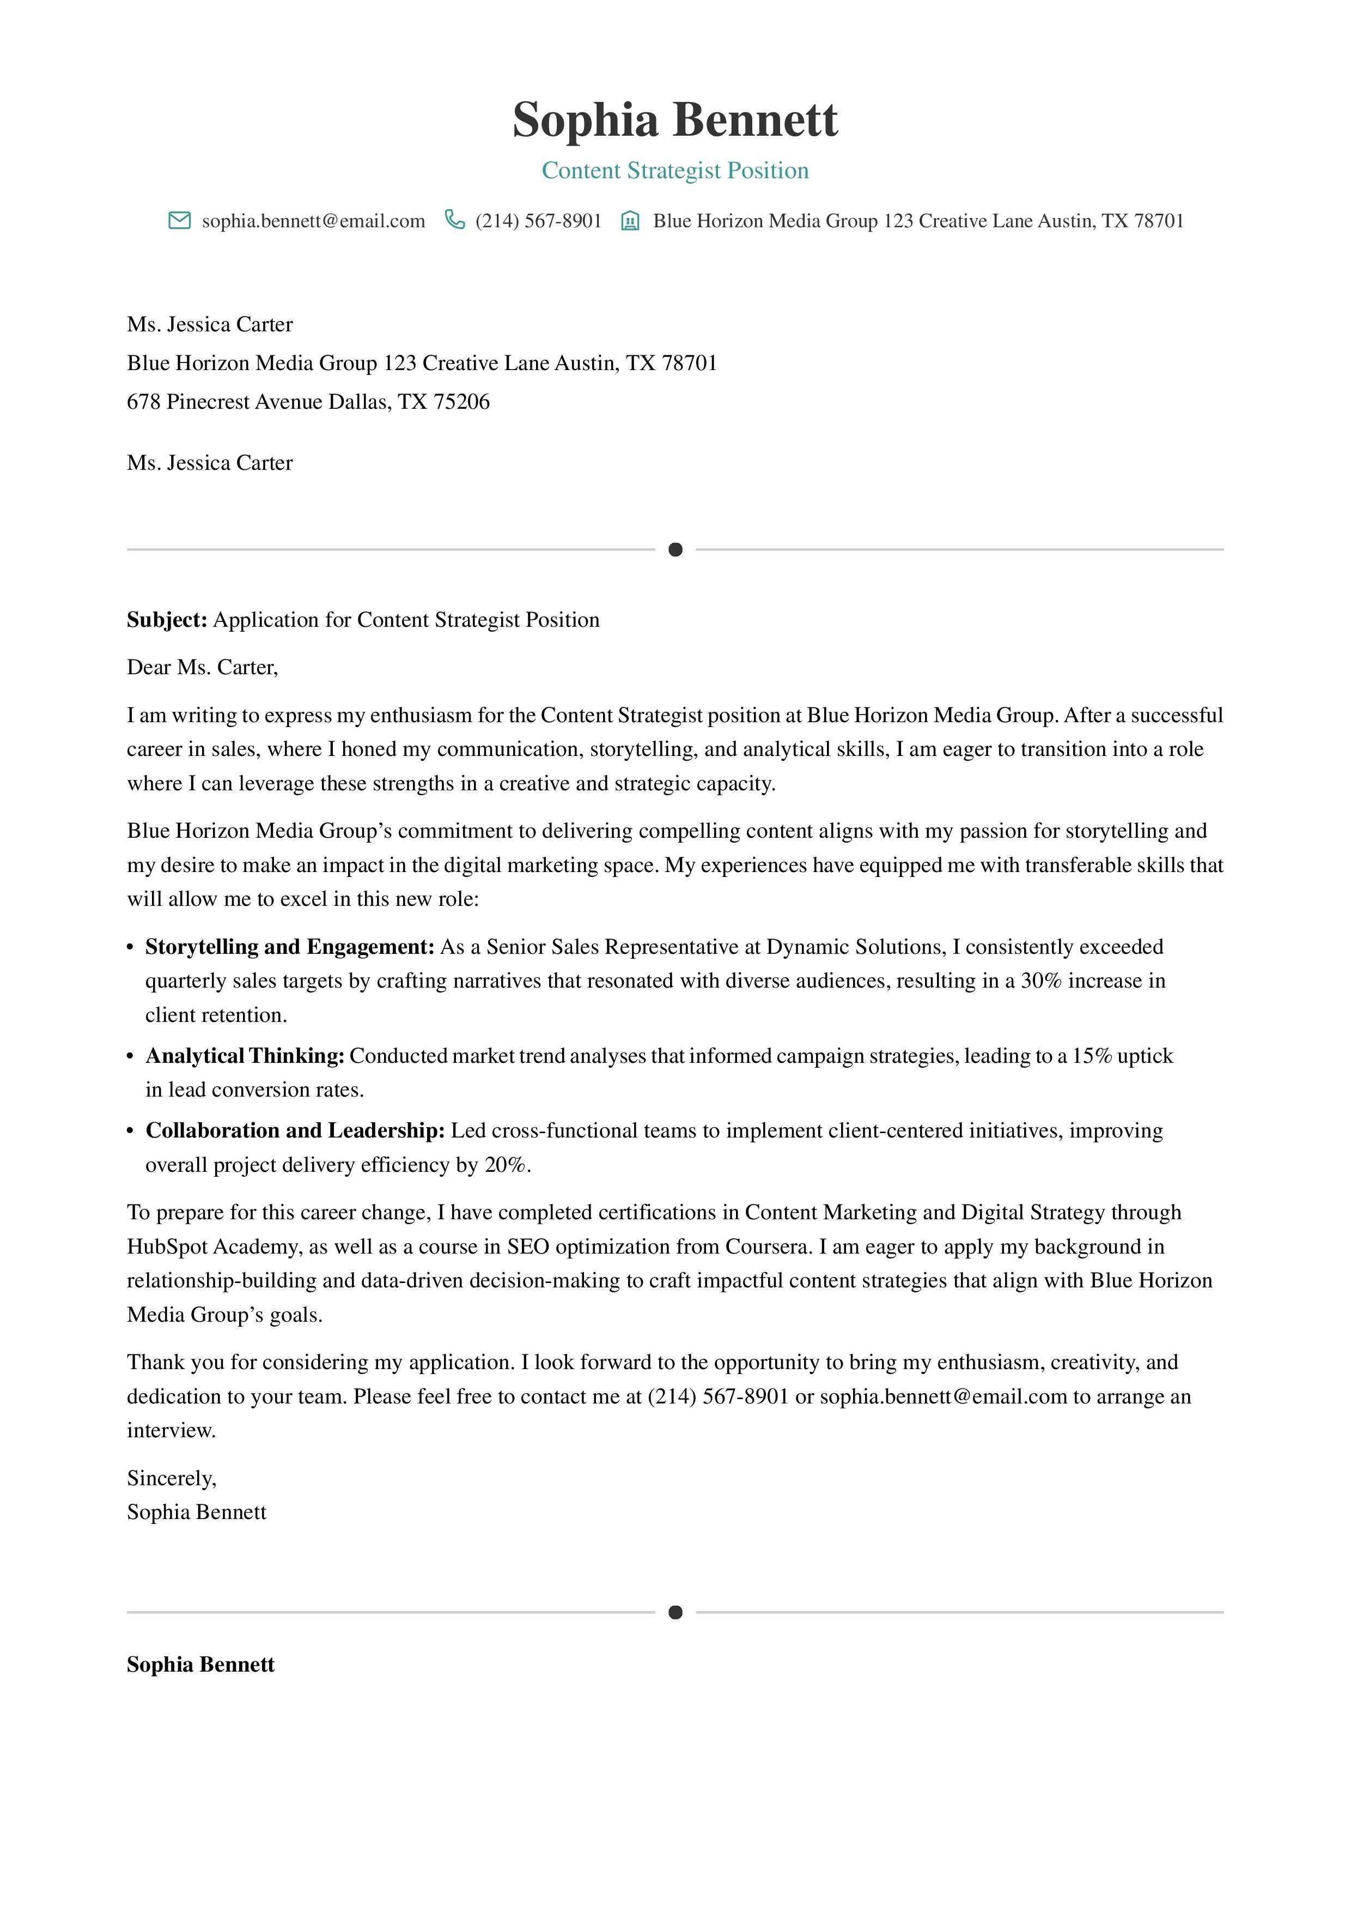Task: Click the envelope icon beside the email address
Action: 179,221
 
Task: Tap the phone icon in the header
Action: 454,220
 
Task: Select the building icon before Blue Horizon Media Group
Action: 630,221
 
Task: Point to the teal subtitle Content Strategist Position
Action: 674,171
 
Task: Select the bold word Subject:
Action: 167,620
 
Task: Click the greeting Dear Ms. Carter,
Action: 202,667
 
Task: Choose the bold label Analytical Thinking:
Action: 245,1056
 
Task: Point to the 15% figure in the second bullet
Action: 1091,1056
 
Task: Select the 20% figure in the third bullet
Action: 504,1165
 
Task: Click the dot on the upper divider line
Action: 675,549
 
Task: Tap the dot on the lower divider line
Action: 675,1612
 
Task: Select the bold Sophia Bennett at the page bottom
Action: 200,1665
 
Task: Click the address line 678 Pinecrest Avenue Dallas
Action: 308,402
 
